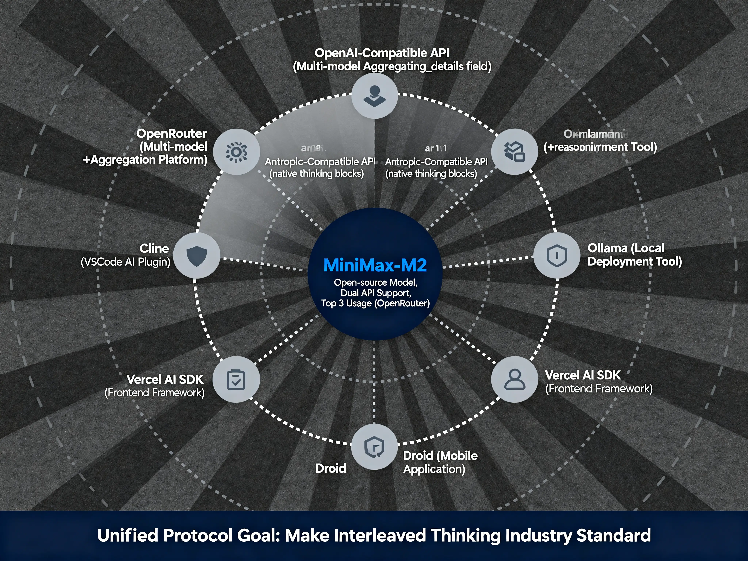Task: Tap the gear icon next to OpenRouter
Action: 236,152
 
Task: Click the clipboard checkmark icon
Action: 236,379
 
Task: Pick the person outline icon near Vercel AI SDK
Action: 514,379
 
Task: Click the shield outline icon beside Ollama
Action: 557,255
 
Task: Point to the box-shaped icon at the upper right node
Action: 514,152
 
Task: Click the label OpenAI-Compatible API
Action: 382,53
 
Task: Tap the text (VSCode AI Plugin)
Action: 125,262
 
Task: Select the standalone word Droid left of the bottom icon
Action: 330,469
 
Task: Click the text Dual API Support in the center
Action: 375,293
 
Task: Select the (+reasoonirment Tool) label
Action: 600,147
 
